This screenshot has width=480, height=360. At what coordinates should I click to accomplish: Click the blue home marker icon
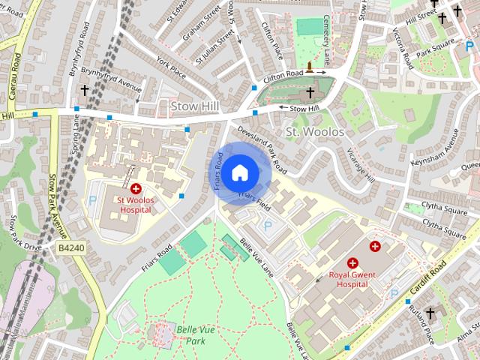pyautogui.click(x=239, y=173)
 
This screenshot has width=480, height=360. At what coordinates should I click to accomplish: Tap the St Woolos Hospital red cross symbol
pyautogui.click(x=136, y=190)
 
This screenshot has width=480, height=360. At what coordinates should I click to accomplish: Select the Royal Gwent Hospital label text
pyautogui.click(x=352, y=280)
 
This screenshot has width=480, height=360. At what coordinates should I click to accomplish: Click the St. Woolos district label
pyautogui.click(x=315, y=132)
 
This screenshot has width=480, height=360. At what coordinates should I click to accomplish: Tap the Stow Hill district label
pyautogui.click(x=194, y=106)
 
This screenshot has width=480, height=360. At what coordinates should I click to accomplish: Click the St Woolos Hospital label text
pyautogui.click(x=133, y=205)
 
